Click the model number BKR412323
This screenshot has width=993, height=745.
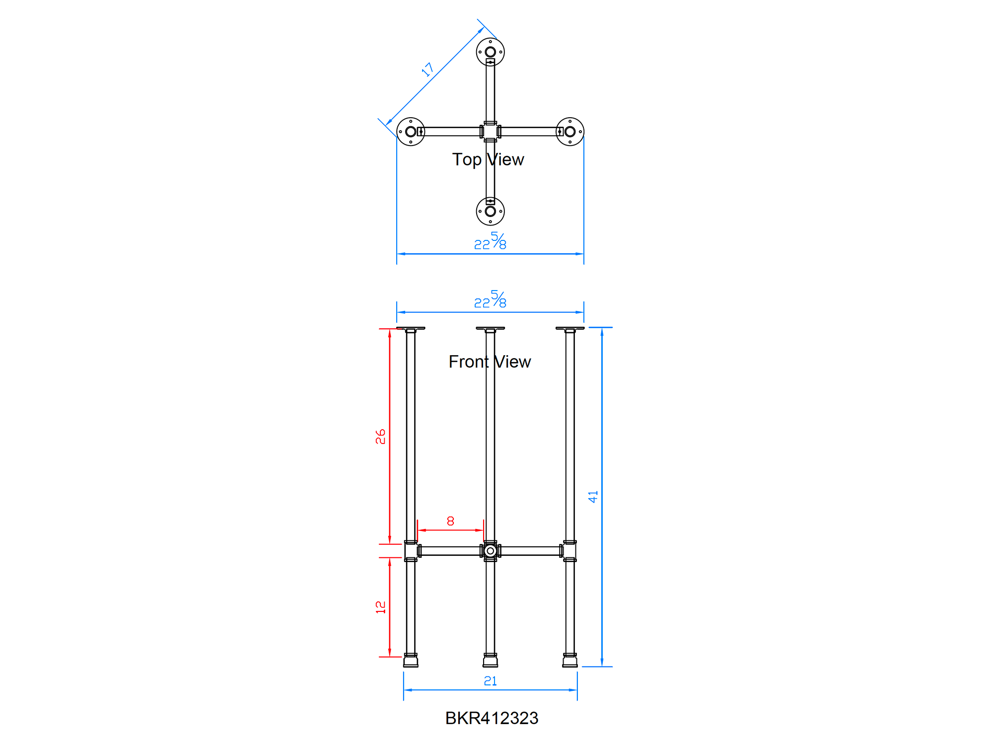click(492, 718)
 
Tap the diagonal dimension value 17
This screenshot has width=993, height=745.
click(427, 70)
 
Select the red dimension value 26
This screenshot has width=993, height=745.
click(380, 437)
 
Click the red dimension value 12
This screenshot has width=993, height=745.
click(380, 607)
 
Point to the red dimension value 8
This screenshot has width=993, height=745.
click(450, 521)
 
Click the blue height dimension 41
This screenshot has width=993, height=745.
click(593, 497)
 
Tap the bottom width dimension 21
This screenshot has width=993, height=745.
click(490, 681)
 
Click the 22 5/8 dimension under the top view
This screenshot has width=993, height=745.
click(490, 242)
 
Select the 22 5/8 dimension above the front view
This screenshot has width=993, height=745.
click(490, 300)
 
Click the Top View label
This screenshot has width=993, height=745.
click(488, 160)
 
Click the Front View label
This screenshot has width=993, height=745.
click(490, 362)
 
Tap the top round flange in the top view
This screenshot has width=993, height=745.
click(490, 52)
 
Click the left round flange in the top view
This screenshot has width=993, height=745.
click(411, 132)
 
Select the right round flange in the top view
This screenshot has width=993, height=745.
click(570, 132)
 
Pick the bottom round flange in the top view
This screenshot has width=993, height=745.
click(490, 212)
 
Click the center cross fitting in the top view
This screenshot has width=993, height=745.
click(490, 132)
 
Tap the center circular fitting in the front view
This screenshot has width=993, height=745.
click(490, 551)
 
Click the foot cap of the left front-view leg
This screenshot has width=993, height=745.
click(411, 661)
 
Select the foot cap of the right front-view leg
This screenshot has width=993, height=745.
click(570, 661)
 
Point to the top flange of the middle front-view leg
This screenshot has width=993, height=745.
click(490, 328)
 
